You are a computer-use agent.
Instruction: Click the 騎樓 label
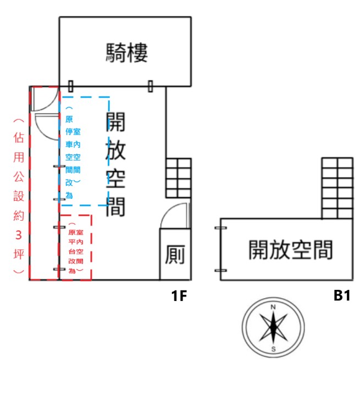click(x=127, y=53)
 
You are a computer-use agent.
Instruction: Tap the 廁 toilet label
click(x=175, y=255)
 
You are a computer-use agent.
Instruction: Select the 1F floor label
click(x=179, y=296)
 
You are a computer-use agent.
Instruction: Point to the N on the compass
click(x=273, y=307)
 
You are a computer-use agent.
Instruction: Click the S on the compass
click(x=273, y=349)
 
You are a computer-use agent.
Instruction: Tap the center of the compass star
click(x=273, y=328)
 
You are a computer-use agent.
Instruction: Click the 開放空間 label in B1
click(x=291, y=250)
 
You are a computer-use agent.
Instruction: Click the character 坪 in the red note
click(x=19, y=253)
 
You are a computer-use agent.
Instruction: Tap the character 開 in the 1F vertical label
click(x=115, y=122)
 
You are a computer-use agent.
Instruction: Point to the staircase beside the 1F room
click(x=178, y=178)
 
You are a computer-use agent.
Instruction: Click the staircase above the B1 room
click(x=337, y=187)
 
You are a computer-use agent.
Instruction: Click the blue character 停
click(x=69, y=132)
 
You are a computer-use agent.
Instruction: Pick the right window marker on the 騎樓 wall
click(x=150, y=86)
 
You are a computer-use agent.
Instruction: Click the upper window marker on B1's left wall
click(x=220, y=227)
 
